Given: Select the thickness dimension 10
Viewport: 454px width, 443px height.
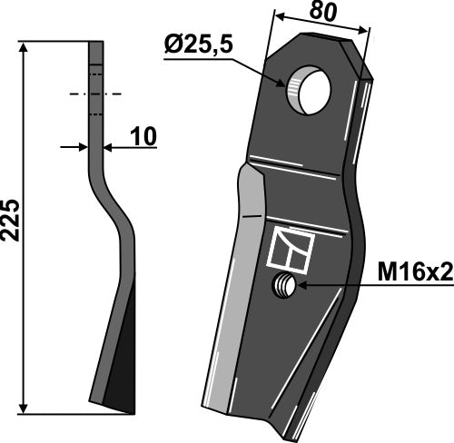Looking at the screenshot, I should click(142, 136).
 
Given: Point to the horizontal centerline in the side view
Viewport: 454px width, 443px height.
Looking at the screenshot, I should click(95, 93).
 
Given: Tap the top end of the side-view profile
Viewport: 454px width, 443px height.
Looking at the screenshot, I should click(96, 43).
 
